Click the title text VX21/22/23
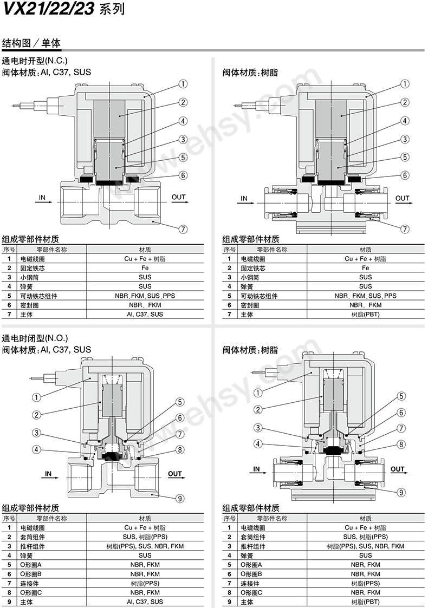coord(49,9)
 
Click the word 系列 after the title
coord(112,10)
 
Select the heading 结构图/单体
coord(31,43)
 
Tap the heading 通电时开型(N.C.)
coord(35,61)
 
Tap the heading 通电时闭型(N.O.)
coord(35,338)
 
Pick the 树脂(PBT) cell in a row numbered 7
coord(365,314)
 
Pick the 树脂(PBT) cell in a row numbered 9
coord(365,602)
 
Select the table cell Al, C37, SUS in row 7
coord(145,314)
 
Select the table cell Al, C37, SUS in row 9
coord(145,602)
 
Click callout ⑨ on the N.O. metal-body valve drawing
coord(180,499)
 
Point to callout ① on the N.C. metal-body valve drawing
coord(183,84)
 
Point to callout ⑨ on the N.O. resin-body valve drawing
coord(401,493)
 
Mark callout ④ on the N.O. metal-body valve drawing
coord(36,449)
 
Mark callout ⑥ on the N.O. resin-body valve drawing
coord(401,413)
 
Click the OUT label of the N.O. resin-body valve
coord(398,469)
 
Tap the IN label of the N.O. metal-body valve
coord(48,474)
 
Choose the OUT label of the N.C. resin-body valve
coord(403,198)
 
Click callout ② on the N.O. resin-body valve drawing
coord(258,410)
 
